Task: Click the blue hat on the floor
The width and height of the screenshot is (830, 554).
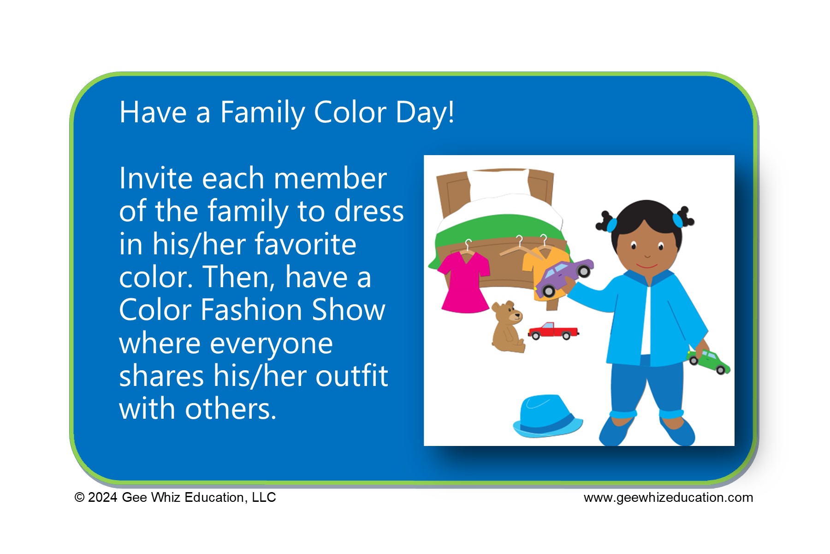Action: click(x=547, y=416)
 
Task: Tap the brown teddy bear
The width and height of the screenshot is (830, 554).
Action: click(x=507, y=327)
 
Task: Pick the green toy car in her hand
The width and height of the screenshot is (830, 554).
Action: click(x=709, y=361)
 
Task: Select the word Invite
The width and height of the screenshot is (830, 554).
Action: click(x=156, y=179)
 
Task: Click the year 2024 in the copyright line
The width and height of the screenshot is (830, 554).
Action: click(x=102, y=497)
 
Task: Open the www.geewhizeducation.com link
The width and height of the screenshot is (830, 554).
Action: click(x=668, y=497)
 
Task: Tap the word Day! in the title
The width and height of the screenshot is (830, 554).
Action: click(x=424, y=113)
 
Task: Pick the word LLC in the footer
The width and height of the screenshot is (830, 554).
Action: click(x=264, y=497)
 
